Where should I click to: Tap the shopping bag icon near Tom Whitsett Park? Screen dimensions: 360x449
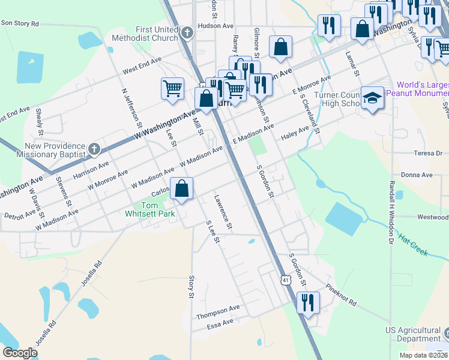click(182, 189)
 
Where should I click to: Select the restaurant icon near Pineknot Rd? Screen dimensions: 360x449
click(308, 303)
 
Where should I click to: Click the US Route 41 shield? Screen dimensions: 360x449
click(286, 280)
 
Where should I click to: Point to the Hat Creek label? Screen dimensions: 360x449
click(413, 245)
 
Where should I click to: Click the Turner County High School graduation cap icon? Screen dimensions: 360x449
click(372, 98)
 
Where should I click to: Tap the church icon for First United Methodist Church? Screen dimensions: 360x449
click(187, 32)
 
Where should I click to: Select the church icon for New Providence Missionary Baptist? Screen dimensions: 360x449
click(94, 148)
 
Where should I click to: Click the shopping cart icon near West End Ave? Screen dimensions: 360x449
click(173, 88)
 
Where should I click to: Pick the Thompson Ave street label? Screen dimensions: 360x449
click(218, 312)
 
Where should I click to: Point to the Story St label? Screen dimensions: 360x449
click(191, 287)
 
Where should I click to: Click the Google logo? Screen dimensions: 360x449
click(20, 353)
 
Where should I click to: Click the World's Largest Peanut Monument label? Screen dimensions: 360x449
click(418, 89)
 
